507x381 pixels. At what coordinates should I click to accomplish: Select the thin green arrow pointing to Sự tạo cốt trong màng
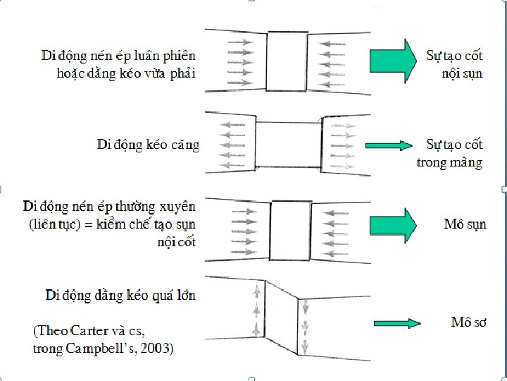tap(395, 145)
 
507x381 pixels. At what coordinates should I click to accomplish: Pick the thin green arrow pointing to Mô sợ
tap(395, 323)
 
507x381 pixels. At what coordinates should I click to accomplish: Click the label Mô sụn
tap(464, 225)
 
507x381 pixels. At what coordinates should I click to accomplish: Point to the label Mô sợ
tap(469, 322)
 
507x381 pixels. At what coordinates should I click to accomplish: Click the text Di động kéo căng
tap(148, 145)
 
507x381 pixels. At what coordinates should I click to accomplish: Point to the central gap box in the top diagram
tap(284, 60)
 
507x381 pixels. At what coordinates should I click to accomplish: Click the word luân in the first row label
tap(149, 55)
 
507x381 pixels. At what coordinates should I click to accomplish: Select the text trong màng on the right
tap(450, 163)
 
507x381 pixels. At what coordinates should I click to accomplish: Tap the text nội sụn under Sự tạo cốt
tap(462, 73)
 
